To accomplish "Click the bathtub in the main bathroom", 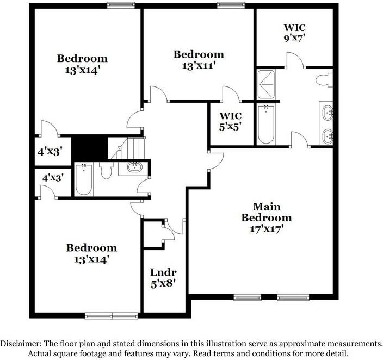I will click(x=266, y=124).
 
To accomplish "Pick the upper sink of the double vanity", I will click(x=329, y=113).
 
